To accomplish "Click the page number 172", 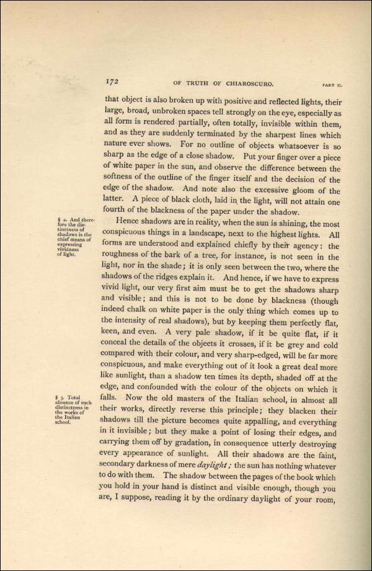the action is (112, 82).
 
